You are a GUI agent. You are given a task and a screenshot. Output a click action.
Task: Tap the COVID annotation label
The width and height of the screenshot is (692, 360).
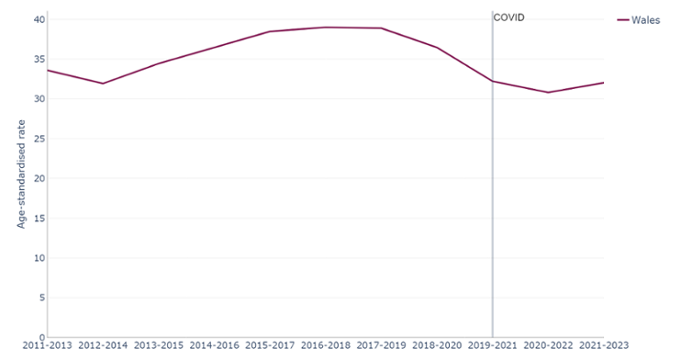(x=508, y=17)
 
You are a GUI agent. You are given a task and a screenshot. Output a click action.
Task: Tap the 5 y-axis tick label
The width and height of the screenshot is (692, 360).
(x=39, y=298)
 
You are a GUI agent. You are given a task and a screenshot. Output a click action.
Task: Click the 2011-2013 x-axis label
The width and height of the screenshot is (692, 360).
(x=47, y=346)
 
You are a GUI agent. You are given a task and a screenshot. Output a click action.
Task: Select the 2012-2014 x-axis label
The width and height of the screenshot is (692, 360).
(x=103, y=346)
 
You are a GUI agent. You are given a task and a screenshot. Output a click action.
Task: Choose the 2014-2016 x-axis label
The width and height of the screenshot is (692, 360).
(x=214, y=346)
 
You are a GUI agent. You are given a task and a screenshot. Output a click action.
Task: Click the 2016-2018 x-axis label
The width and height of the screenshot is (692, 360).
(x=325, y=346)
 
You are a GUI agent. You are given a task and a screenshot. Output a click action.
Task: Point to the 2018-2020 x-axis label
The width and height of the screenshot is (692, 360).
(x=437, y=346)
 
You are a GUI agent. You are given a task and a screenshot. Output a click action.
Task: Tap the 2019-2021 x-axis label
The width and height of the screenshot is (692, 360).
(x=492, y=346)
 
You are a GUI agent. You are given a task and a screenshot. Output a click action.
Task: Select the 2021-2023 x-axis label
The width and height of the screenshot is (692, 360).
(x=603, y=346)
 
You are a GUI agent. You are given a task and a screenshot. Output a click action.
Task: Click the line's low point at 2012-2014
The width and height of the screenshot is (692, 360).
(x=103, y=84)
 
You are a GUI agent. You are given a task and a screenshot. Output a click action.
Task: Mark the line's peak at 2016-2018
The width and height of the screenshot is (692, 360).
(x=325, y=28)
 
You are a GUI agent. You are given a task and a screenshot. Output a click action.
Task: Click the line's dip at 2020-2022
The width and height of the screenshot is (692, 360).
(x=548, y=92)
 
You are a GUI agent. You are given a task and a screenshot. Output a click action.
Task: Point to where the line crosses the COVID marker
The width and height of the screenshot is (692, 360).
(x=492, y=81)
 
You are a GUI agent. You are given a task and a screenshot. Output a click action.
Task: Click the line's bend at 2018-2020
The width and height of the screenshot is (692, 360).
(x=437, y=48)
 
